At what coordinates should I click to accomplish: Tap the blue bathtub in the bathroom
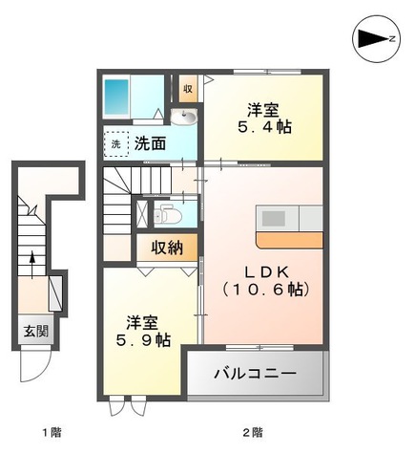pyautogui.click(x=117, y=97)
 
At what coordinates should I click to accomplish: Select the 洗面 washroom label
pyautogui.click(x=149, y=145)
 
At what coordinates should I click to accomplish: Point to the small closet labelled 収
pyautogui.click(x=188, y=90)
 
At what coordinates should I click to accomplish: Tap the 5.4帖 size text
pyautogui.click(x=264, y=126)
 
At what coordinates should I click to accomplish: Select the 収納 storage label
pyautogui.click(x=168, y=249)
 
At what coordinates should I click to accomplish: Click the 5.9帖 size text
pyautogui.click(x=143, y=339)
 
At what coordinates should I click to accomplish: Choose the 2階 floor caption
pyautogui.click(x=253, y=433)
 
